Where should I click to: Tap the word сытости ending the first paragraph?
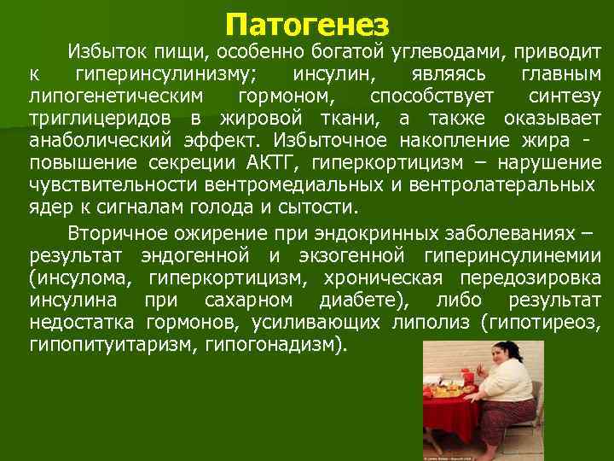(x=324, y=207)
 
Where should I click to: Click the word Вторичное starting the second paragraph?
(x=107, y=233)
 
